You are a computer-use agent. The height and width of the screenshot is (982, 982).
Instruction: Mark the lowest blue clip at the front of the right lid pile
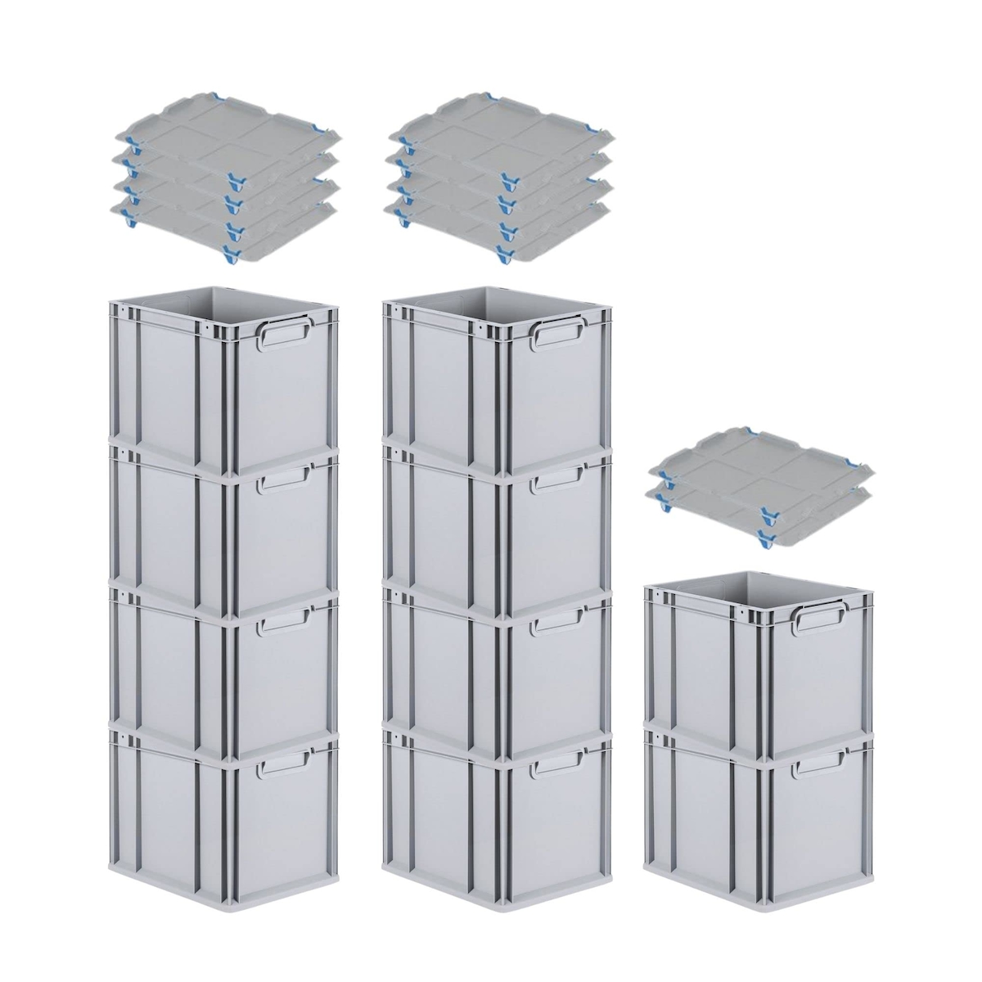pos(767,538)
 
